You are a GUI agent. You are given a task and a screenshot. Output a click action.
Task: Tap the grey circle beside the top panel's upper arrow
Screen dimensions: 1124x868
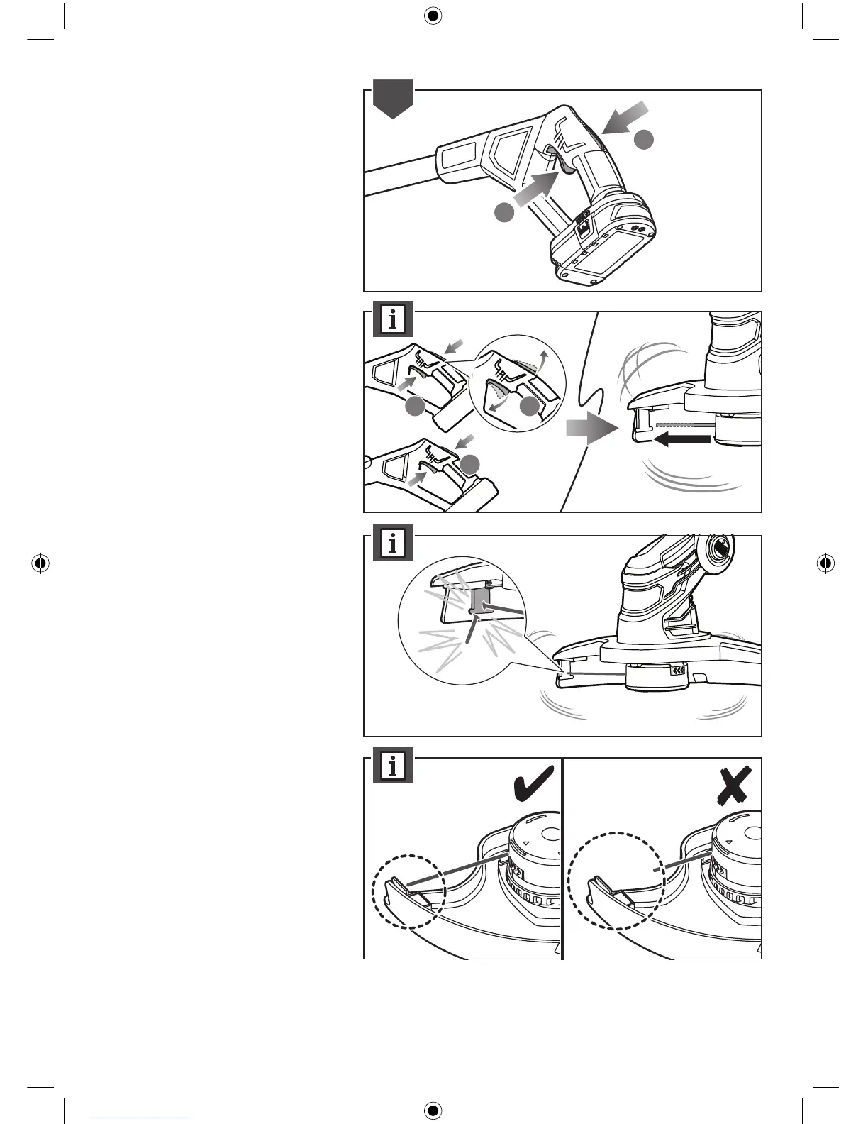(x=643, y=140)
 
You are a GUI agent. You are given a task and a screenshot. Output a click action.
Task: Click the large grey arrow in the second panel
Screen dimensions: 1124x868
(x=588, y=430)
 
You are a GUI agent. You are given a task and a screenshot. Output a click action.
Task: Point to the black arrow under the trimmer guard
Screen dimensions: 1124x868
(x=682, y=440)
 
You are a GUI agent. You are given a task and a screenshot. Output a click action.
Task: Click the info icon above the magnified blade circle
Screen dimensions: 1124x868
(x=392, y=544)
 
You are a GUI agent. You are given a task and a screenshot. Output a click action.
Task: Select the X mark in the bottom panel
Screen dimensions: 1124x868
(x=735, y=787)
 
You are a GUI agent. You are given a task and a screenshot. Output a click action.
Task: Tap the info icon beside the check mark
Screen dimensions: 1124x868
(x=392, y=766)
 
